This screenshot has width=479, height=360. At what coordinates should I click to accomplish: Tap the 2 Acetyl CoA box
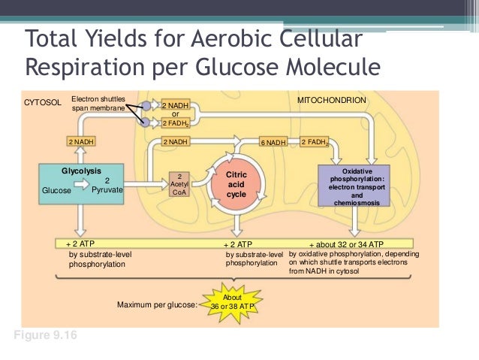coord(180,184)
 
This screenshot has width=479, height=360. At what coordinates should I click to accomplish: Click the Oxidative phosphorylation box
coord(355,186)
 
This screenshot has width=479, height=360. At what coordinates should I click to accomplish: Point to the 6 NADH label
coord(273,141)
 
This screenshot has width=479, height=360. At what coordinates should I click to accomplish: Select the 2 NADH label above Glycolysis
coord(81,141)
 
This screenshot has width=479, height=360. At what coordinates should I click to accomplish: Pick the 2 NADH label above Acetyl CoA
coord(175,141)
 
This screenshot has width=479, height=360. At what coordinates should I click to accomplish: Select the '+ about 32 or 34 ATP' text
coord(346,245)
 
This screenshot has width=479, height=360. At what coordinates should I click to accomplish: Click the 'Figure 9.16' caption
coord(44,334)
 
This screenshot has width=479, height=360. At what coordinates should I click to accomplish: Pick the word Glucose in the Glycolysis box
coord(56,191)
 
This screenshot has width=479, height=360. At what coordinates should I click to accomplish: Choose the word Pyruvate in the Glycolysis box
coord(107,190)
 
